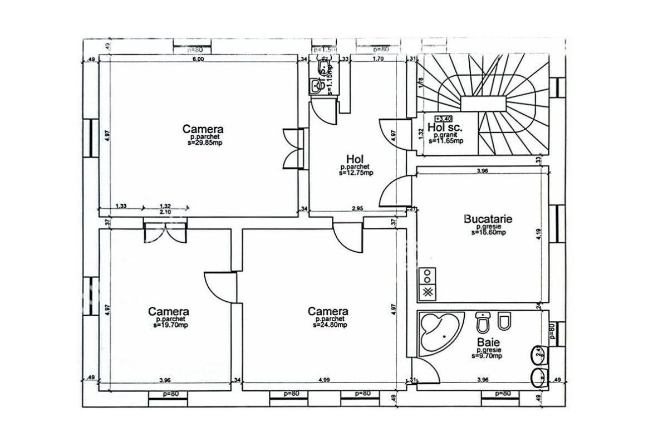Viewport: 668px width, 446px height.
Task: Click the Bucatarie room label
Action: click(488, 219)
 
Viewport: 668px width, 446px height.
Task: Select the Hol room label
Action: click(355, 158)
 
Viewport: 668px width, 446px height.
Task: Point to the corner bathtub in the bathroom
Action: click(440, 333)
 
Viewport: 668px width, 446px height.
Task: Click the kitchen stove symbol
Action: click(428, 283)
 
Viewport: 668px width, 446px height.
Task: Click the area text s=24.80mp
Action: click(328, 325)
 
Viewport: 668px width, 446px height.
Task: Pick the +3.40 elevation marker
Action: click(443, 119)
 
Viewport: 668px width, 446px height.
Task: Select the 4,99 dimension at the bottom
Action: click(325, 380)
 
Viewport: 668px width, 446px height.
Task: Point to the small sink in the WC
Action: click(315, 85)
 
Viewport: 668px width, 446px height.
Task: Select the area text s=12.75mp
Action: click(356, 173)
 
